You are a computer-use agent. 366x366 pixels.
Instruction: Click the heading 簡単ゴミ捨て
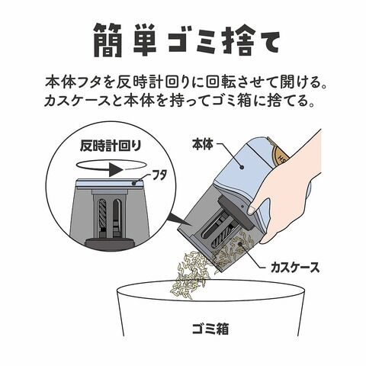pyautogui.click(x=187, y=41)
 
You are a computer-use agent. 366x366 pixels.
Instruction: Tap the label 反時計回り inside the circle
pyautogui.click(x=110, y=146)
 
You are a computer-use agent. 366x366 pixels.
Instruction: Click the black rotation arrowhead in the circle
pyautogui.click(x=117, y=169)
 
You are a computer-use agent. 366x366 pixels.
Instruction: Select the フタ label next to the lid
pyautogui.click(x=159, y=176)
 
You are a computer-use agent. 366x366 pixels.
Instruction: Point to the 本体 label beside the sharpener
pyautogui.click(x=203, y=144)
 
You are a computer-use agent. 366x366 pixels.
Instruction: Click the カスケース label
pyautogui.click(x=295, y=268)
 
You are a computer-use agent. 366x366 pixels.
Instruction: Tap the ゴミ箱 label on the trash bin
pyautogui.click(x=210, y=329)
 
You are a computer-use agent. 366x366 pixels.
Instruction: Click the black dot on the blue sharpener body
pyautogui.click(x=242, y=167)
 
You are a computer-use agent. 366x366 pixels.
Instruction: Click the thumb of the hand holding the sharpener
pyautogui.click(x=254, y=208)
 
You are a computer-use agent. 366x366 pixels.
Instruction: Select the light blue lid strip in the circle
pyautogui.click(x=109, y=183)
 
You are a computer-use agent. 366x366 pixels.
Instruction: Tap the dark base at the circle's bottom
pyautogui.click(x=109, y=243)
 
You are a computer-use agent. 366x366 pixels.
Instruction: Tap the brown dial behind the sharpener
pyautogui.click(x=281, y=155)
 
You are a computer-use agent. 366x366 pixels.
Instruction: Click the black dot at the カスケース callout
pyautogui.click(x=239, y=243)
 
